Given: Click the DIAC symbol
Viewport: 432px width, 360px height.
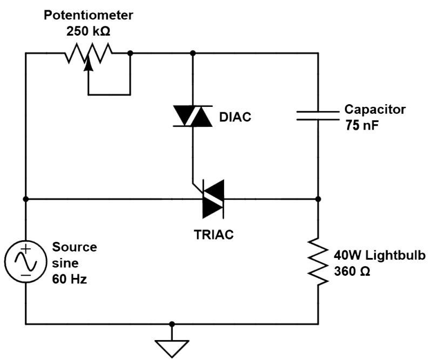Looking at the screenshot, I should (193, 116).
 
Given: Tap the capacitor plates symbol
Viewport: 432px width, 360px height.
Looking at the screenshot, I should (318, 114).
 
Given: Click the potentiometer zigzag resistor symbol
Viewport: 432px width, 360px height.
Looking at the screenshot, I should (89, 53).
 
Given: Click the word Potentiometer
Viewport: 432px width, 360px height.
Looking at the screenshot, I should (88, 15).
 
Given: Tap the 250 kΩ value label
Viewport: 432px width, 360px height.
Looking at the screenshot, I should (88, 31).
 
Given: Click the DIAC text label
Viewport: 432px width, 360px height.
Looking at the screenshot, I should (235, 117).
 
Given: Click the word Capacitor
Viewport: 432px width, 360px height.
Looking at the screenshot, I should (375, 110).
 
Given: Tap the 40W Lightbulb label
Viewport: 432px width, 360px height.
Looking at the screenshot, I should (381, 255).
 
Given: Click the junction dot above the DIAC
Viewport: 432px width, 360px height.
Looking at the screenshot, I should (193, 53).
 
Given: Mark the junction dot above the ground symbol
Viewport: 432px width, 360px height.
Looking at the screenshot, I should (172, 324).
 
